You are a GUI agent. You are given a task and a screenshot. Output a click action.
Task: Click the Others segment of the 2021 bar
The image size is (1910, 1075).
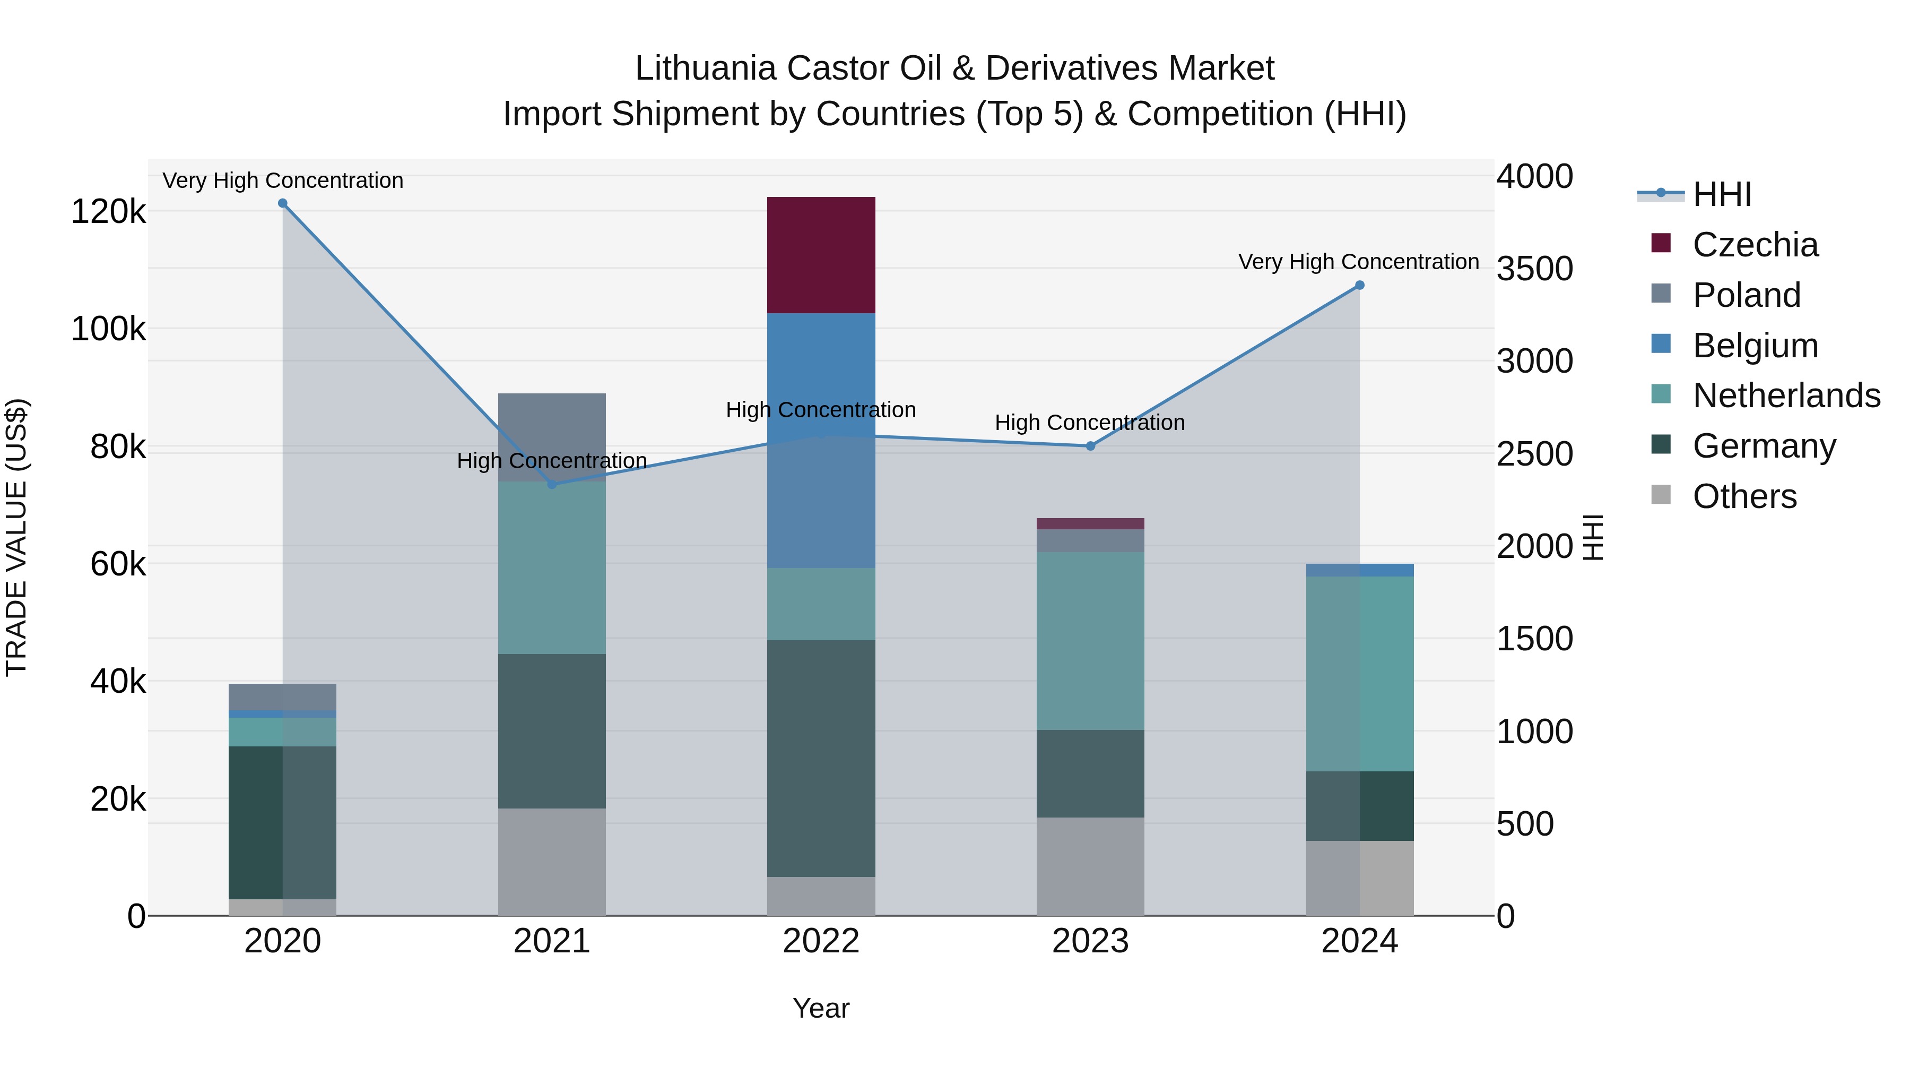[552, 862]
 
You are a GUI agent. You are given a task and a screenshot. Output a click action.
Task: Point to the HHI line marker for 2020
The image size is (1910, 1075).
[282, 203]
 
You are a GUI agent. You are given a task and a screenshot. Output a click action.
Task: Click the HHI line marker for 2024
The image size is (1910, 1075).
[1359, 285]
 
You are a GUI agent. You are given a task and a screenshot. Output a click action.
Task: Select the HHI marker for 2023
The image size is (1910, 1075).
[1090, 446]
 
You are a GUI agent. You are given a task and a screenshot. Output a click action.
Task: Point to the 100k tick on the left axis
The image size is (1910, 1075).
[108, 329]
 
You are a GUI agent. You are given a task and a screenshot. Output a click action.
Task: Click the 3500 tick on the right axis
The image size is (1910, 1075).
[1533, 269]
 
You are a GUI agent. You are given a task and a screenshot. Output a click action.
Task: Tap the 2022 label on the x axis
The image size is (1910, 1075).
[821, 941]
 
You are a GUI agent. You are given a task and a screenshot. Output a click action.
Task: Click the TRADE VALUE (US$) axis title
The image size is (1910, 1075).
[16, 537]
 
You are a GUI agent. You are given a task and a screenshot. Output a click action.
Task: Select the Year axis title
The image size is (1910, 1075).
[821, 1008]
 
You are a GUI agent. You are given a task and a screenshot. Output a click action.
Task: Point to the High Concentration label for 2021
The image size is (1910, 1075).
[552, 461]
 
